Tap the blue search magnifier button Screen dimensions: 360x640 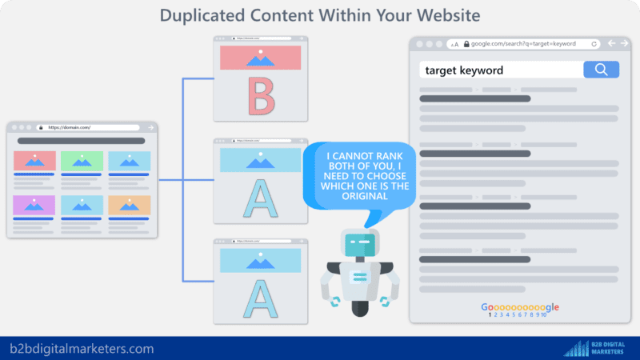pos(601,70)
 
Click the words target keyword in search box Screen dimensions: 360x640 pos(464,70)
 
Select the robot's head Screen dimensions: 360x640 pos(358,244)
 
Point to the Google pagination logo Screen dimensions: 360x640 pos(520,307)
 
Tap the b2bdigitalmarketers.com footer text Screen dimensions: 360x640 pos(82,349)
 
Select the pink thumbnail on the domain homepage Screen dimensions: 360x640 pos(34,161)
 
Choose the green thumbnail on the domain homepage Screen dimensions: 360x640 pos(81,161)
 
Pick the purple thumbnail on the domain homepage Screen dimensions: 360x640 pos(34,205)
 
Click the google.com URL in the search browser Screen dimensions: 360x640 pos(528,43)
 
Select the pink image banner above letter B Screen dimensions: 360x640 pos(260,58)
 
